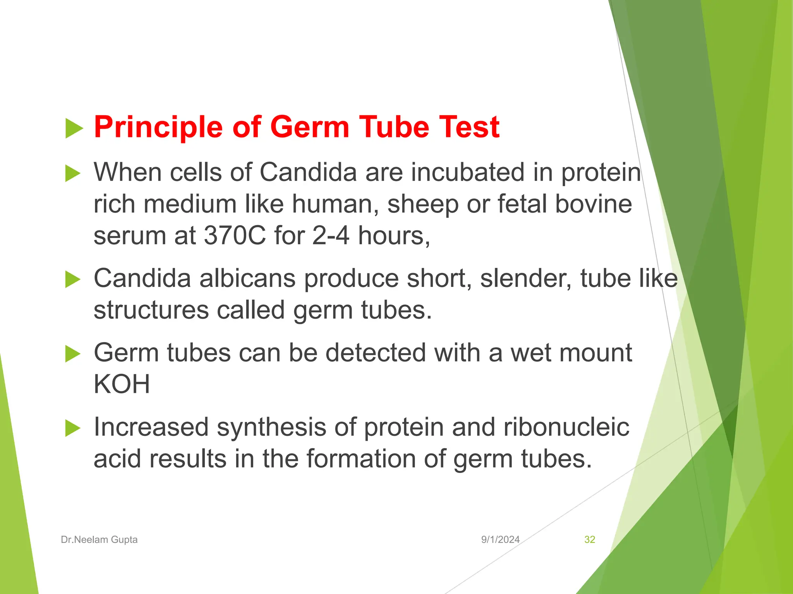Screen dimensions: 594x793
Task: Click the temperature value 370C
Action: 235,236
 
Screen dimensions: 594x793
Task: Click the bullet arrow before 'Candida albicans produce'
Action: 73,279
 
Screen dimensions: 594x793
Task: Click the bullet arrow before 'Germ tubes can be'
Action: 73,353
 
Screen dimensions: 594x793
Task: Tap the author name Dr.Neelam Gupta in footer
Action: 99,539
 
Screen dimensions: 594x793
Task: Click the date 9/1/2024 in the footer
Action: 500,539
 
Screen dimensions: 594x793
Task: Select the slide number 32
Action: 589,539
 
